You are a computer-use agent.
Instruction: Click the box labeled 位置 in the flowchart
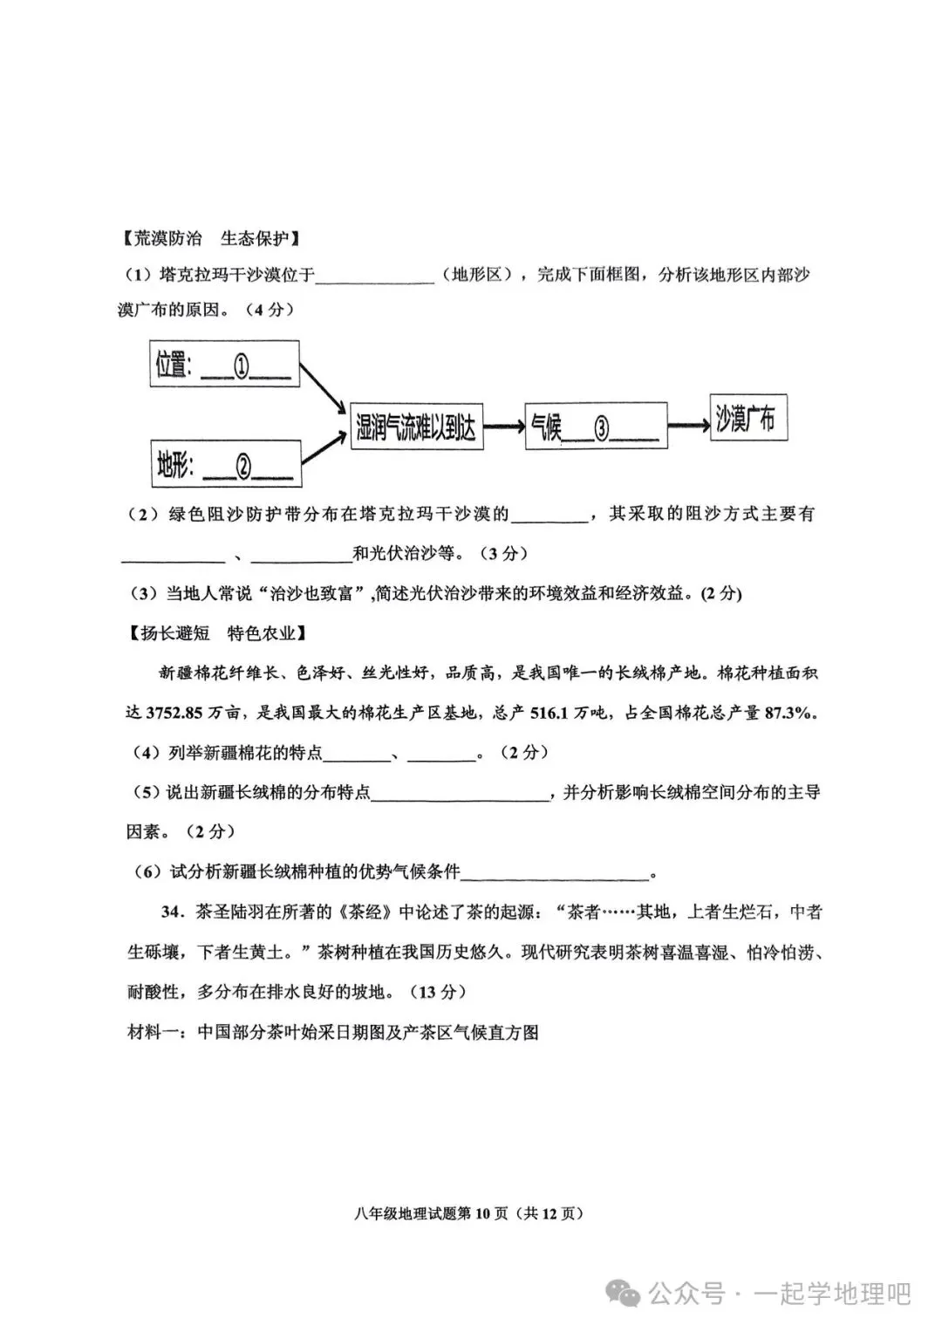[224, 365]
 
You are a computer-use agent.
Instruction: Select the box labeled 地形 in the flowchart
[225, 464]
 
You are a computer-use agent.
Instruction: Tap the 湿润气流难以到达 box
[415, 427]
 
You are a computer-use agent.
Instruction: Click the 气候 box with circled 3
[595, 427]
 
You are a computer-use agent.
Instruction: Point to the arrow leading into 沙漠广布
[688, 425]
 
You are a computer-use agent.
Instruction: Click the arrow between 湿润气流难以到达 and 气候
[502, 427]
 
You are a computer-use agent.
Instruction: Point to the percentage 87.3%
[790, 713]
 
